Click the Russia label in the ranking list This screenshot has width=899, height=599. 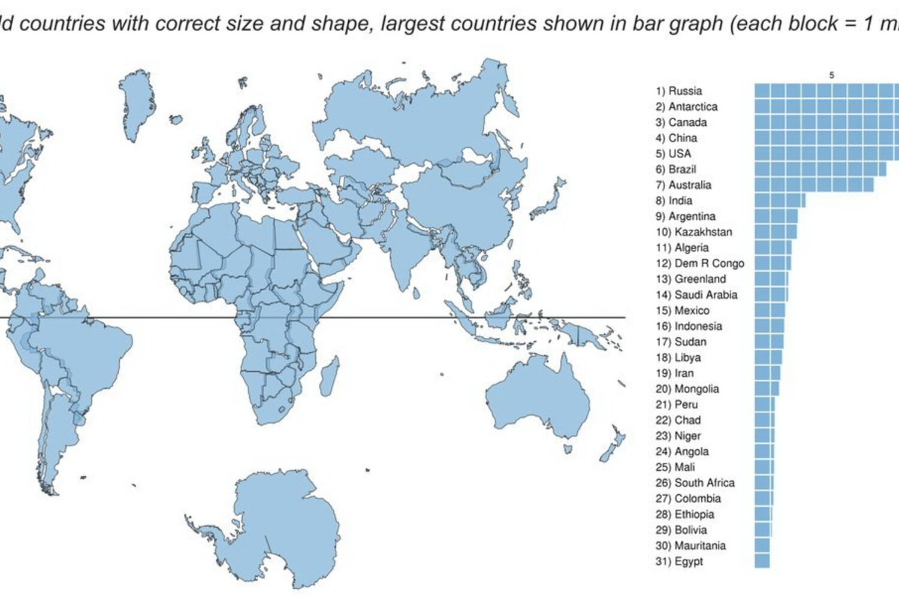(678, 91)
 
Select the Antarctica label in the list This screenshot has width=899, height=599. (686, 107)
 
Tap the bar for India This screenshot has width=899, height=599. (779, 200)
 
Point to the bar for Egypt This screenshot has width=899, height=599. (762, 561)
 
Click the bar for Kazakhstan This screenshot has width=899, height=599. (776, 232)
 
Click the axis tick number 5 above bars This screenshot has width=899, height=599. (831, 75)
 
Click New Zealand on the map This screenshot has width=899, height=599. (613, 446)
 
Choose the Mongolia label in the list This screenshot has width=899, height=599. (687, 389)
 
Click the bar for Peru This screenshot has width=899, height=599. (764, 404)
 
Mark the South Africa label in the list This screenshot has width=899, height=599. (695, 483)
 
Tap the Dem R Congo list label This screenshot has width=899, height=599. (700, 264)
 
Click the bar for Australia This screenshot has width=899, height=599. (813, 184)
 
